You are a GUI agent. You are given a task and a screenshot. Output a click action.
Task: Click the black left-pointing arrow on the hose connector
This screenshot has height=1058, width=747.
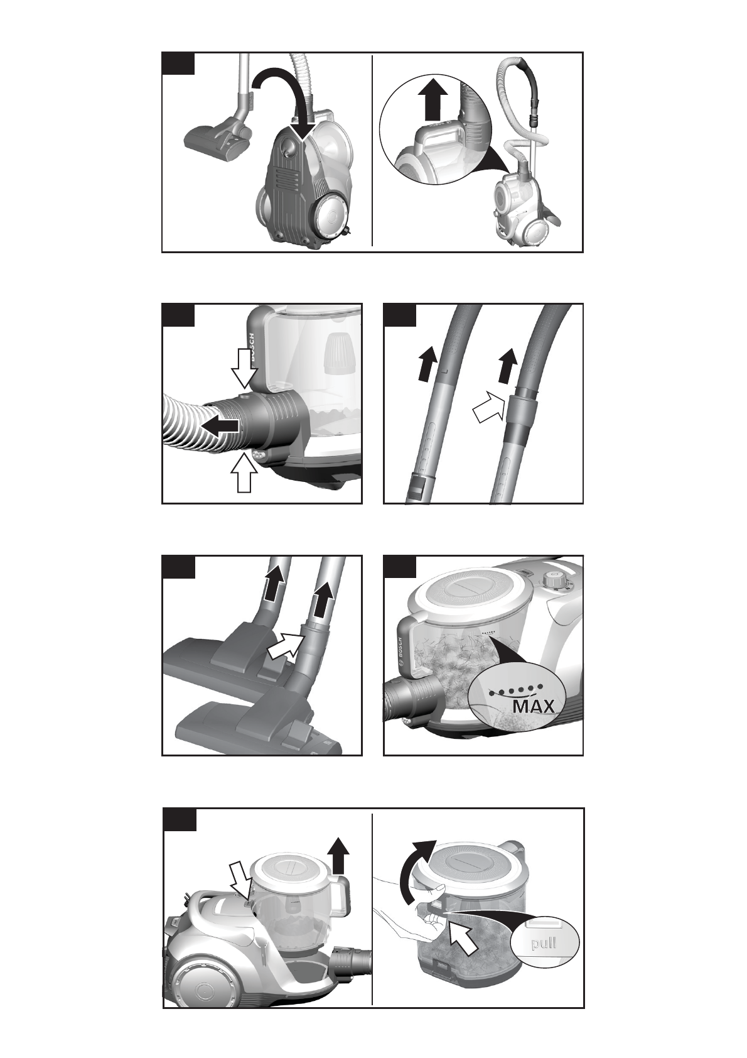coord(220,427)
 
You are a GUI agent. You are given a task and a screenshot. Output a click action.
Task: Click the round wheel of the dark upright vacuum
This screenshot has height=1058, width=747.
coord(332,216)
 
